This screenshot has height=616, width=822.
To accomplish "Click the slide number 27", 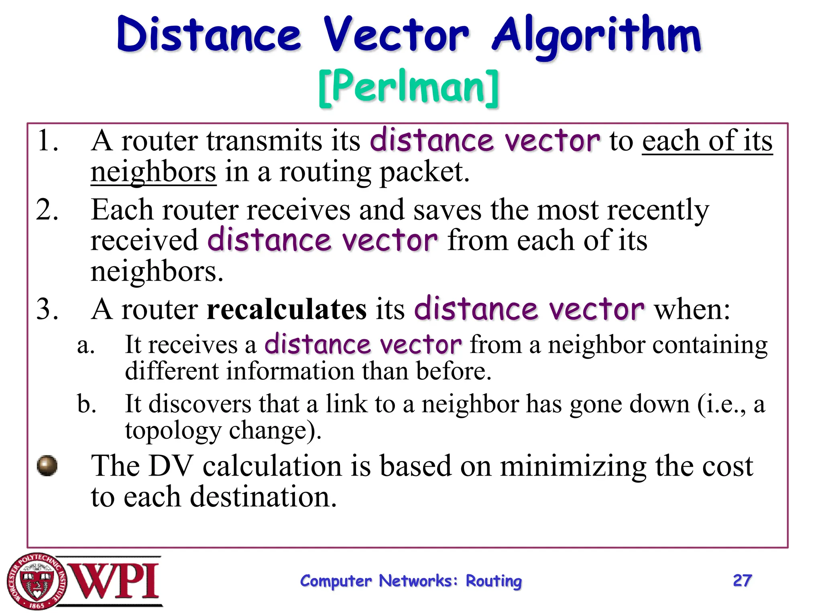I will point(742,580).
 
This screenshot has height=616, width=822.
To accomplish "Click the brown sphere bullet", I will point(47,466).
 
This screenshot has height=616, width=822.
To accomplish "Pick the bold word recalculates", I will point(287,310).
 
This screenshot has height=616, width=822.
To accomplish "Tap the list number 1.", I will point(47,141).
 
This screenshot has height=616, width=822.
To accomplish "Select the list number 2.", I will point(47,209).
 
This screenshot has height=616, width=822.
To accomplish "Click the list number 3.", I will point(47,310).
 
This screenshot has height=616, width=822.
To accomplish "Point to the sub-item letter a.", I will point(85,345).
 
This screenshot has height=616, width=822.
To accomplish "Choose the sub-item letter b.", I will point(86,403).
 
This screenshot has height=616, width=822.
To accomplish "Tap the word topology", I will point(173,430).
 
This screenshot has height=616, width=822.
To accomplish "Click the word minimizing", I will point(573,466).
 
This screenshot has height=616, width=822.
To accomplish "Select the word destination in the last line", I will point(263,497).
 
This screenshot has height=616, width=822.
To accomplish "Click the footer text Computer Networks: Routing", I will point(411,581).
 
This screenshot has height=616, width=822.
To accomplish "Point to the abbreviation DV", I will point(171,466).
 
